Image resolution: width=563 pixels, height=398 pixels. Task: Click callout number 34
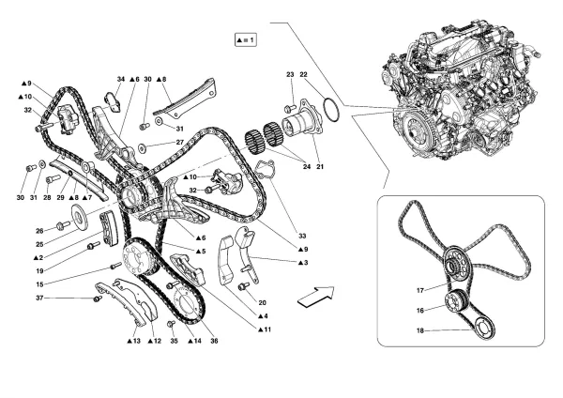[121, 79]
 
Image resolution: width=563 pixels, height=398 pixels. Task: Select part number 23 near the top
[291, 73]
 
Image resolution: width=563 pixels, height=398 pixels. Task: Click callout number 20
[262, 302]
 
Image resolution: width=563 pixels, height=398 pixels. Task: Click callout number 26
[39, 229]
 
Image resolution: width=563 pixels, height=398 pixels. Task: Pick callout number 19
[39, 268]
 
